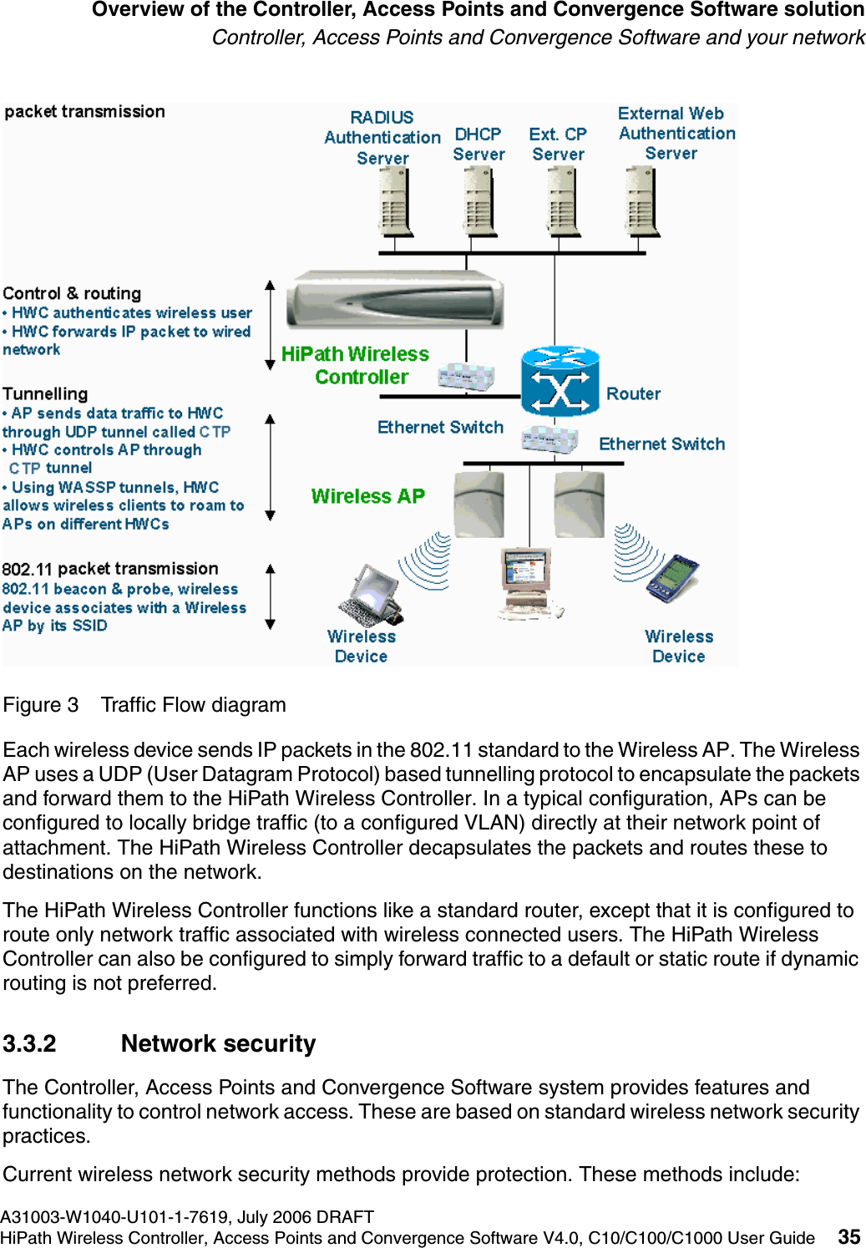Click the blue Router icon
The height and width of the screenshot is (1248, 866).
point(560,382)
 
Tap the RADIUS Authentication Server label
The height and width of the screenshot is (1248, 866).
point(382,138)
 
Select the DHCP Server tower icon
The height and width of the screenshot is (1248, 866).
point(479,201)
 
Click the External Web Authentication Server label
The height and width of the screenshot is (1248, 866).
point(676,134)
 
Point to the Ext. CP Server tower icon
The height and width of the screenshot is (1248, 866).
point(561,201)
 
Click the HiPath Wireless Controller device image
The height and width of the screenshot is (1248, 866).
point(395,300)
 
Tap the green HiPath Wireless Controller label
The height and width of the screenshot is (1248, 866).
point(356,366)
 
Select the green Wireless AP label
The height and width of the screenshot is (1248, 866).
point(367,496)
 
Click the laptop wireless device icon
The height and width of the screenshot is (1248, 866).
point(372,594)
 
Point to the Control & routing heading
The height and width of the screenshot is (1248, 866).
point(72,293)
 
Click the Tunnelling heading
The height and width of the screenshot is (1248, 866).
point(45,393)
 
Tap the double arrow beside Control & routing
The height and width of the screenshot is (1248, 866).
point(270,325)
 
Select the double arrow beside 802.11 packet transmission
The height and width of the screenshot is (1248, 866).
point(270,596)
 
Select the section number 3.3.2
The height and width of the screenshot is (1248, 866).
point(30,1044)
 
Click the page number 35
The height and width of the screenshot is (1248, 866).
point(848,1237)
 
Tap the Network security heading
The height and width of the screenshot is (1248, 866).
point(218,1044)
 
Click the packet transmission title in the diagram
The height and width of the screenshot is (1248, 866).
point(85,112)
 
